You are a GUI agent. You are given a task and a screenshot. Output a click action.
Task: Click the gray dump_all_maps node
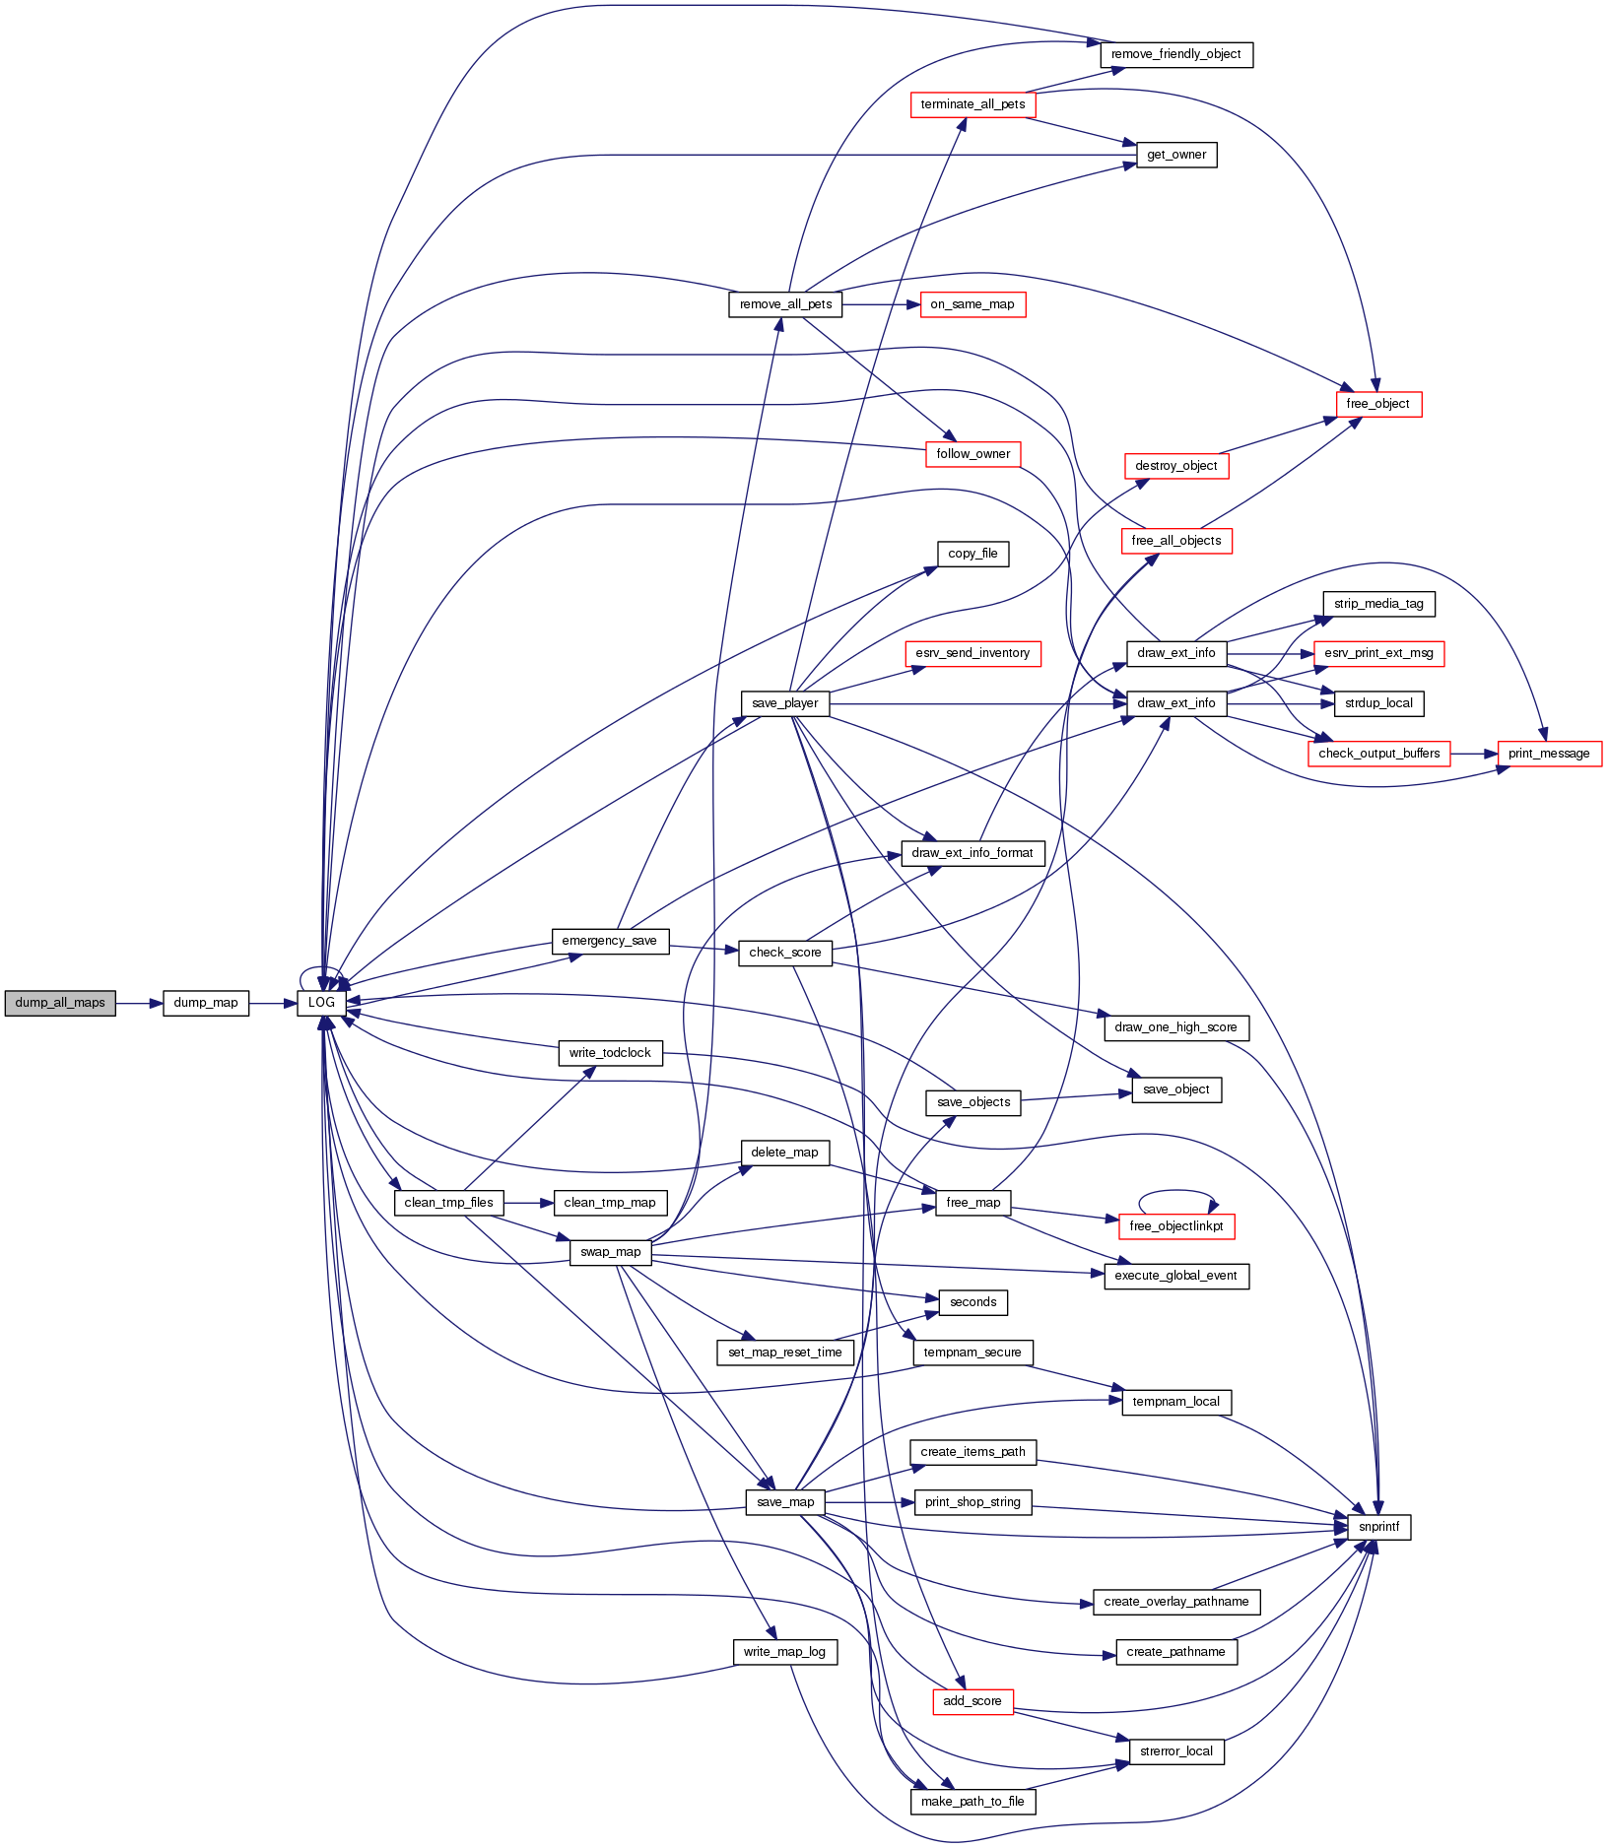click(60, 1003)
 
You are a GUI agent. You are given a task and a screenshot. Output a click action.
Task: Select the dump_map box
click(205, 1003)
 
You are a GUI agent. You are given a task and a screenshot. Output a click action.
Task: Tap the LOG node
click(322, 1003)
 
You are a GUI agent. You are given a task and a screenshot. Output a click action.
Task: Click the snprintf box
click(1378, 1527)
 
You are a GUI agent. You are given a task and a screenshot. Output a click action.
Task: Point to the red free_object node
click(1378, 404)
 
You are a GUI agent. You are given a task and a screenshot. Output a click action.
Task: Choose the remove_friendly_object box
click(1176, 54)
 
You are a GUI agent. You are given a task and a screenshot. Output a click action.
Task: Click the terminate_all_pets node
click(972, 104)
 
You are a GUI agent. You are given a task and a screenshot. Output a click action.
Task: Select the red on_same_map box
click(972, 304)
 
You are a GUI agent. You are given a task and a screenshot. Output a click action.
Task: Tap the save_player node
click(785, 703)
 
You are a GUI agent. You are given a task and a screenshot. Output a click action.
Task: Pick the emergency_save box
click(609, 941)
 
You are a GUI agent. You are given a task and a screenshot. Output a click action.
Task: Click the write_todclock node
click(610, 1053)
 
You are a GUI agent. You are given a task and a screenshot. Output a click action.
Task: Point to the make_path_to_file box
click(972, 1802)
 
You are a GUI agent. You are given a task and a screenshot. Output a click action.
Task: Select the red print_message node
click(1549, 754)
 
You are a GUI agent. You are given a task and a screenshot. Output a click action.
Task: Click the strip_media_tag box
click(1378, 604)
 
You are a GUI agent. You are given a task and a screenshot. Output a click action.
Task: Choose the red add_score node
click(972, 1701)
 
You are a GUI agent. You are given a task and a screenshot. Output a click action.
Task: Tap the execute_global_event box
click(1176, 1276)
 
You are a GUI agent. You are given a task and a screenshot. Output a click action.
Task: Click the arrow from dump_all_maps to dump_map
click(139, 1003)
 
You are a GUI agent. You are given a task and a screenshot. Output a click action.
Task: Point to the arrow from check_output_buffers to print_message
click(1474, 754)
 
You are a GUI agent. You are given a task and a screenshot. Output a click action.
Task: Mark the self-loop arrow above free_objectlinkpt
click(1176, 1192)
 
